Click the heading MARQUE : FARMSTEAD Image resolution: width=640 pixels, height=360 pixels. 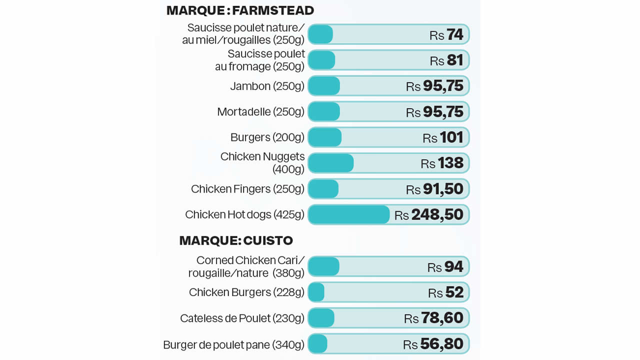240,10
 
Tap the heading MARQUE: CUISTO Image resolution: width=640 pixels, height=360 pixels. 236,240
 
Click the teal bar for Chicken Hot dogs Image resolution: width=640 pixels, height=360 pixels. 348,214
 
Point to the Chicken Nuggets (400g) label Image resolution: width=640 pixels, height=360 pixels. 262,163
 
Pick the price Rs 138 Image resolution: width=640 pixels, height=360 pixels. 442,163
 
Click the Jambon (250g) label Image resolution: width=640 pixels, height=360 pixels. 267,86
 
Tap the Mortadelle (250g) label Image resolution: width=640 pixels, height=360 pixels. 260,111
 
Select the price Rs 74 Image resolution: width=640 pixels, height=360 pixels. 446,34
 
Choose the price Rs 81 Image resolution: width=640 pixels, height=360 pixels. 446,60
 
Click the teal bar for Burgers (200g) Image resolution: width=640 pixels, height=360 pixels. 325,137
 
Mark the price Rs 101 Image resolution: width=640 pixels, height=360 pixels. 443,137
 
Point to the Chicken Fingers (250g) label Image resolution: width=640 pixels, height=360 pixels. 247,189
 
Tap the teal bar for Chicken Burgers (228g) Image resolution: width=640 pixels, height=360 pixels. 316,292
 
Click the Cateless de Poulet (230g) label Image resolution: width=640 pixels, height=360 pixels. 242,318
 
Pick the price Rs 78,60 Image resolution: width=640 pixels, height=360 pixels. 433,318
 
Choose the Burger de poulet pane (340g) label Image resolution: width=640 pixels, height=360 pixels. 233,344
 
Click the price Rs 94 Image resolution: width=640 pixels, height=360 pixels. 445,266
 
